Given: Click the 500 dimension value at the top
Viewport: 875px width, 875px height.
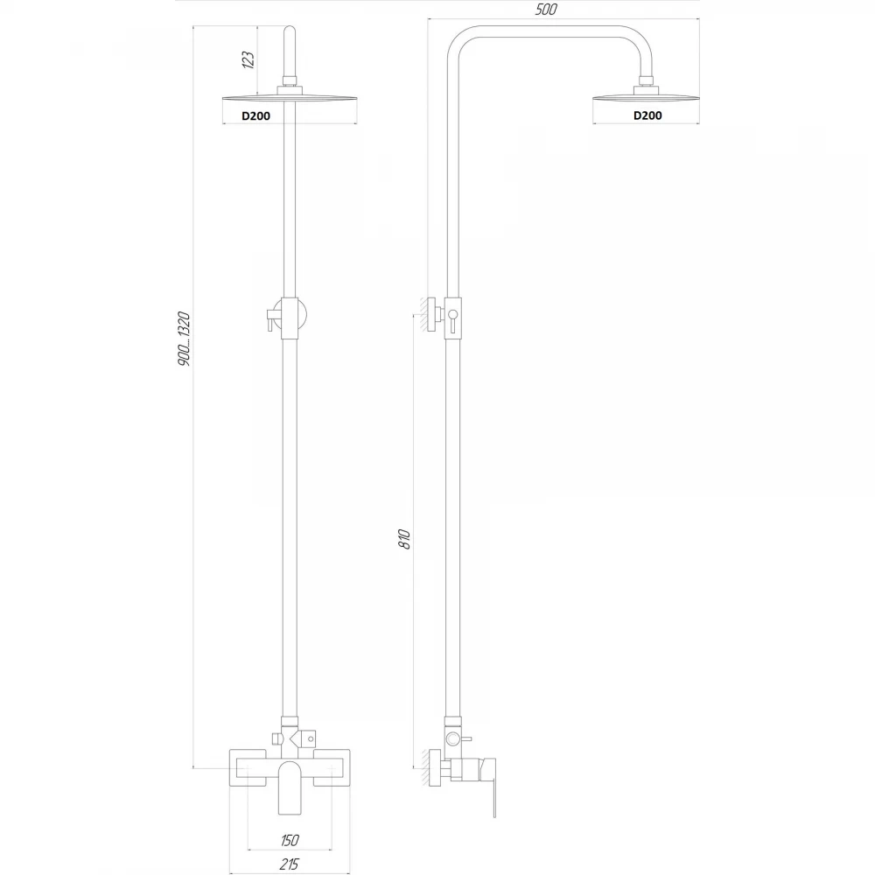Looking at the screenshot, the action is click(x=545, y=10).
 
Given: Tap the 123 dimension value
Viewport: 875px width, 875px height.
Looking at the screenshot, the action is click(x=248, y=59).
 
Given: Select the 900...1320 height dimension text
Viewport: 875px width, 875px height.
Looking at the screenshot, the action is click(x=184, y=339).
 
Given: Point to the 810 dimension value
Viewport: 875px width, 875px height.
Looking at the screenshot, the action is click(x=404, y=540).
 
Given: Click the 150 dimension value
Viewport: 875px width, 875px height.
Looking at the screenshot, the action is click(x=290, y=839).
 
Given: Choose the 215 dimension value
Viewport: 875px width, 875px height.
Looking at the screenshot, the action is click(x=289, y=864).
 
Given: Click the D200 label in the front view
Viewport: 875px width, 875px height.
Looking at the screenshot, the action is click(x=255, y=116).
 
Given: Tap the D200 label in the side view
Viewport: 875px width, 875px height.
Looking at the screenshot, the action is click(x=647, y=115).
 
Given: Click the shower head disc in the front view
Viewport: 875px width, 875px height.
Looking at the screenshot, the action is click(x=290, y=98).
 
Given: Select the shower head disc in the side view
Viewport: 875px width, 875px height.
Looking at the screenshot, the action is click(x=645, y=98).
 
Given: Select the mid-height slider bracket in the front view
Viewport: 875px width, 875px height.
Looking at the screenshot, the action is click(x=288, y=318).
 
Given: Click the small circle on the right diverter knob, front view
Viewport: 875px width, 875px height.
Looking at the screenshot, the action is click(x=309, y=739).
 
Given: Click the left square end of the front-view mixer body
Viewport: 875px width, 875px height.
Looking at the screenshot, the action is click(x=248, y=768).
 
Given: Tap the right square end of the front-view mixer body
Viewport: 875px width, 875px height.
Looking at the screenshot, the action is click(x=332, y=768).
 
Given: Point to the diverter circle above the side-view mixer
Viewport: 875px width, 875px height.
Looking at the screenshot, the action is click(x=452, y=739).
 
